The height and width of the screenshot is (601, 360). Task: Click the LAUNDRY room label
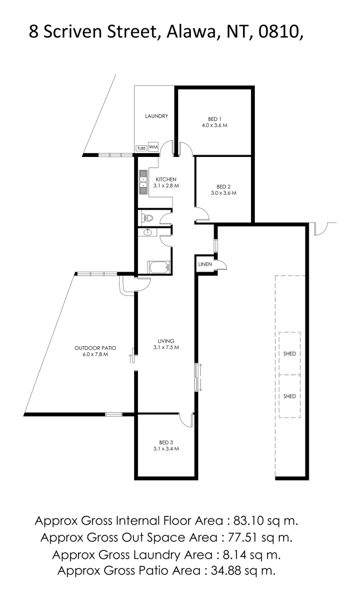[x=156, y=116]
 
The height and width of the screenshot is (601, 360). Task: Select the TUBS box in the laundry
[x=141, y=148]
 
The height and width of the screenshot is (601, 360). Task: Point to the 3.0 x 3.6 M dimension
[x=224, y=193]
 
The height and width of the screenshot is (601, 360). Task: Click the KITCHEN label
[x=166, y=179]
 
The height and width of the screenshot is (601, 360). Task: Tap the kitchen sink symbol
[x=142, y=184]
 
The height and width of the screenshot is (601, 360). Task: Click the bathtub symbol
[x=159, y=268]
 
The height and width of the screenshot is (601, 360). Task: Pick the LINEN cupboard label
[x=205, y=264]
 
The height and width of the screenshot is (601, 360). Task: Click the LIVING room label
[x=166, y=341]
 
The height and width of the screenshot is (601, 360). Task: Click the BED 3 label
[x=166, y=442]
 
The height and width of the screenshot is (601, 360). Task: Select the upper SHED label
[x=289, y=353]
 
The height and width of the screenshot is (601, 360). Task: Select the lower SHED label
[x=289, y=396]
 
